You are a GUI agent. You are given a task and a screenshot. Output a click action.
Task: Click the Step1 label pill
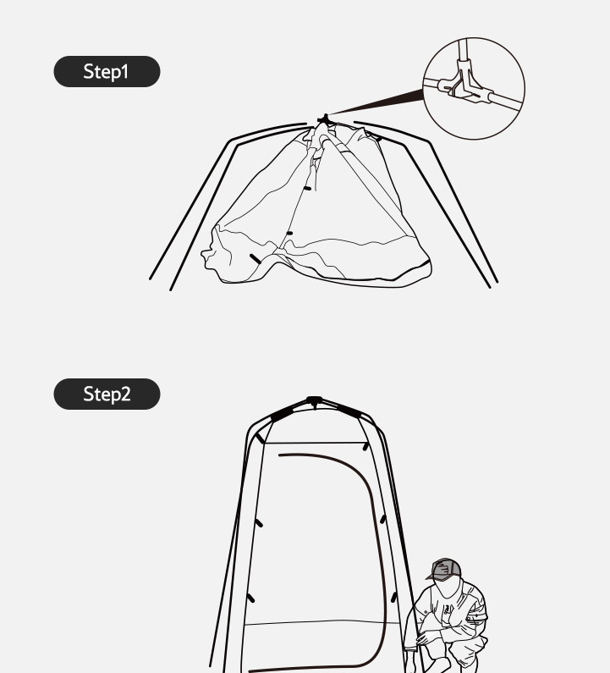tap(107, 71)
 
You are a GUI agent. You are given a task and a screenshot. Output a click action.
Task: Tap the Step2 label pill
tap(107, 394)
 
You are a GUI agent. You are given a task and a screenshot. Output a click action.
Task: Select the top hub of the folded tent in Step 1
tap(325, 119)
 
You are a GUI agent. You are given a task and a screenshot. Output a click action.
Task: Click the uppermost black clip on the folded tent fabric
tap(307, 189)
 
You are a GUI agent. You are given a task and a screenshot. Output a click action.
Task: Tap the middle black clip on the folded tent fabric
tap(289, 233)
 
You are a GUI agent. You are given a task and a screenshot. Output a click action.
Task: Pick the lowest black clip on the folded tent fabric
tap(256, 259)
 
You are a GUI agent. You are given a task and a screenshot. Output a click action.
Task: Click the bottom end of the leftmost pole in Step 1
tap(150, 279)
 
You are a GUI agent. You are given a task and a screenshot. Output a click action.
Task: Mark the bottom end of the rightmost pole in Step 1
tap(497, 282)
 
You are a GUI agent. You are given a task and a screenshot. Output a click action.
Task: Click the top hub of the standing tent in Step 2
tap(315, 401)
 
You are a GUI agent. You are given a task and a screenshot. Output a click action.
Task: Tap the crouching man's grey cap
tap(445, 570)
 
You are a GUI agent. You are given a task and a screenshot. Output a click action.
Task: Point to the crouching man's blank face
tap(447, 587)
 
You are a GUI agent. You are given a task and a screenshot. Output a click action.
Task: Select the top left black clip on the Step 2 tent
tap(260, 439)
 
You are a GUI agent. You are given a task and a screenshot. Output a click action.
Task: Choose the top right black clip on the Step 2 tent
tap(365, 446)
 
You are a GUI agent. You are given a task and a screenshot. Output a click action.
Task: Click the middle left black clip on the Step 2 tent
tap(259, 523)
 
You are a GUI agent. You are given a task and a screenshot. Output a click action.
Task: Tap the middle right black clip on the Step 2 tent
tap(382, 519)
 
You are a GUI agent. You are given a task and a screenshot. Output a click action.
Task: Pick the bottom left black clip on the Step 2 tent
tap(251, 598)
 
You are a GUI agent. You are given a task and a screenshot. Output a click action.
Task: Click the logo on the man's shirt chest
tap(448, 610)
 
